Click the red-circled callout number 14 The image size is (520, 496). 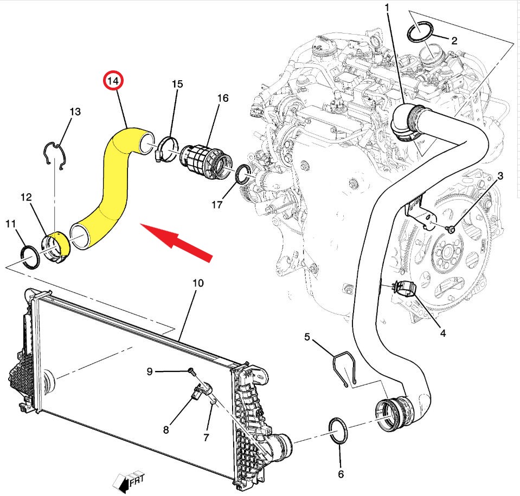[x=113, y=81]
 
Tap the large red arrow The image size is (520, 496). [x=176, y=242]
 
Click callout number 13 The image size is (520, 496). [x=75, y=112]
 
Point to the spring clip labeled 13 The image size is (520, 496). [x=55, y=155]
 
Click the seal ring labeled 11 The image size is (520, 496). [x=30, y=257]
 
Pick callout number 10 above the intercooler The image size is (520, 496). [x=198, y=283]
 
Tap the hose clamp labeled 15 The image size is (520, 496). [x=167, y=149]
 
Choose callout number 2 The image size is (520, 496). [x=454, y=41]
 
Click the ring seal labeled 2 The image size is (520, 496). [x=420, y=31]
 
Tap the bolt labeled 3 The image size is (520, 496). [x=451, y=229]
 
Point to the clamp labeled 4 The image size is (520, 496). [x=405, y=287]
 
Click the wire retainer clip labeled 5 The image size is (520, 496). [x=344, y=368]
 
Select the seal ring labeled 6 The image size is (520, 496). [x=338, y=431]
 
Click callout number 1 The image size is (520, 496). [x=387, y=6]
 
